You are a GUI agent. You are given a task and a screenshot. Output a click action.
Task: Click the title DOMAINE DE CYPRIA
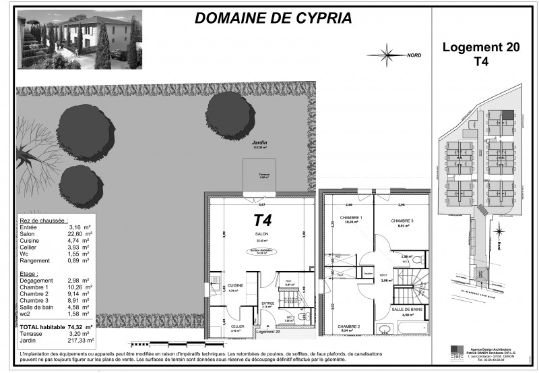[261, 18]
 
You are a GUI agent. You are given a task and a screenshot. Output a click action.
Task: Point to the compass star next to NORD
[387, 53]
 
